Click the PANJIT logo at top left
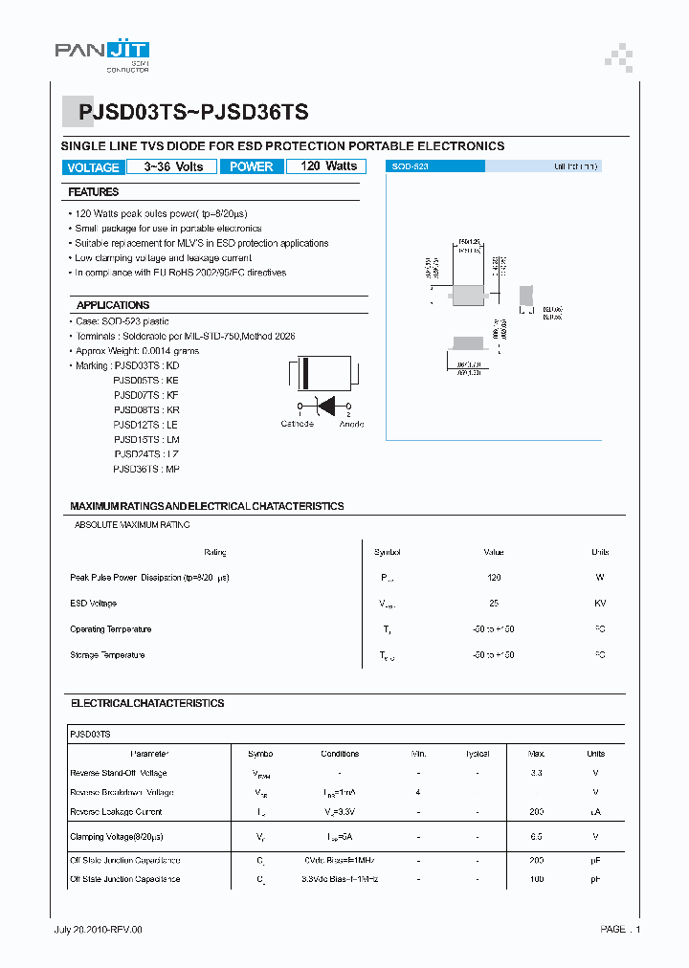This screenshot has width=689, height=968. click(101, 54)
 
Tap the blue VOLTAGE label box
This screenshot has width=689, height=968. click(93, 167)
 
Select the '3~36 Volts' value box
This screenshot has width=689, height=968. click(173, 166)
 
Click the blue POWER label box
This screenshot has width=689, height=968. click(252, 166)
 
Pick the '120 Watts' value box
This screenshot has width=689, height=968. click(328, 166)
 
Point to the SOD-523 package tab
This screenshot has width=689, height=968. click(435, 166)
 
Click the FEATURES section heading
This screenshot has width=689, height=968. click(93, 192)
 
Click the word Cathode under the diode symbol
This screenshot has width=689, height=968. click(297, 424)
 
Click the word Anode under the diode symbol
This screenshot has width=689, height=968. click(351, 424)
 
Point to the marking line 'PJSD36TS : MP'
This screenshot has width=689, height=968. click(145, 469)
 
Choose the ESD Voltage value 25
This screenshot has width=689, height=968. click(493, 604)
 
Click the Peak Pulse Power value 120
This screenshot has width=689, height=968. click(493, 578)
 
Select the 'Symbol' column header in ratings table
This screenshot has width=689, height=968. click(388, 552)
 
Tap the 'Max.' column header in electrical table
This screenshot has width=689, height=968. click(536, 754)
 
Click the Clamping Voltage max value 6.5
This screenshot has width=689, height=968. click(536, 837)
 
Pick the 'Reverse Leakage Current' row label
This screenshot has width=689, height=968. click(116, 812)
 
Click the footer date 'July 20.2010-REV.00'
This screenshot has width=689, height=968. click(98, 929)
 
